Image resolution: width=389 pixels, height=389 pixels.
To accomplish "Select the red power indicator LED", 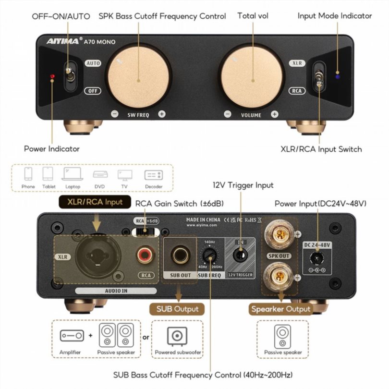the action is [52, 76].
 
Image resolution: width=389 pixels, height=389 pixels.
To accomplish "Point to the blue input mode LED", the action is [338, 77].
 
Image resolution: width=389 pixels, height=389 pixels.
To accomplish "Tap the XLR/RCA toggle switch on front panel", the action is [319, 77].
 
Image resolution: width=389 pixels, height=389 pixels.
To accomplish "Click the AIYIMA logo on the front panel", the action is [63, 41].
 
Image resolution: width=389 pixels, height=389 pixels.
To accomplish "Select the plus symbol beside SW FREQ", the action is [162, 114].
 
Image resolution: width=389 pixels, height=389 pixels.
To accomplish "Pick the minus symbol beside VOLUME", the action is [228, 114].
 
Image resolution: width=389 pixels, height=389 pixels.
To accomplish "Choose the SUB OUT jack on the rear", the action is [180, 255].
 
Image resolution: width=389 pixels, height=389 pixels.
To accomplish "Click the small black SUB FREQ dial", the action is [209, 255].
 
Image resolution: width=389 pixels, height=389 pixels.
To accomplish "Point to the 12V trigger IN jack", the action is [241, 255].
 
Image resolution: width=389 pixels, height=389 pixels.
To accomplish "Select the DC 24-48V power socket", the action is [317, 258].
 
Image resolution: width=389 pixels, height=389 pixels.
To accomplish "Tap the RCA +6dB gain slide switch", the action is [146, 231].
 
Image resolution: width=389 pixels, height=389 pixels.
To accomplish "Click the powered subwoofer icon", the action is [177, 336].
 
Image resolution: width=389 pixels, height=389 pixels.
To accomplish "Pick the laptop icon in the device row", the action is [73, 174].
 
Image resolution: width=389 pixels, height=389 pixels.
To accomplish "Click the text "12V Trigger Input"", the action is [243, 185].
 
